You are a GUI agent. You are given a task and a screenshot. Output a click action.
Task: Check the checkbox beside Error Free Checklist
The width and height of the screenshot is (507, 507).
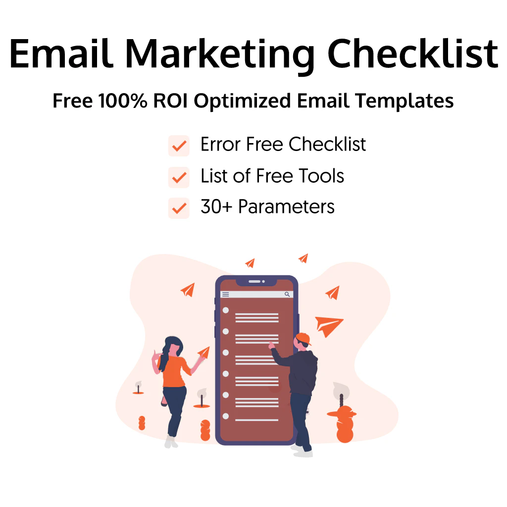coord(179,146)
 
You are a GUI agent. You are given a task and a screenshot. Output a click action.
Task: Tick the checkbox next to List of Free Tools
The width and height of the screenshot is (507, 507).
coord(179,177)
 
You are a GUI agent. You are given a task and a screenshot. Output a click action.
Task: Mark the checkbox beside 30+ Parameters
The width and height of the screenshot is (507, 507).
coord(179,208)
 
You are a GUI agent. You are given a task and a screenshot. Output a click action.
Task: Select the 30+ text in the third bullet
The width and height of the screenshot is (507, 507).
coord(216,207)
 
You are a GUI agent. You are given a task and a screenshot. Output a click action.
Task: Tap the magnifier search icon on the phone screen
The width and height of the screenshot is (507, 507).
coord(287,294)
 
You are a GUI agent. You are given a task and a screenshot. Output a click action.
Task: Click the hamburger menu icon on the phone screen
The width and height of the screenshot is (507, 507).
coord(226,294)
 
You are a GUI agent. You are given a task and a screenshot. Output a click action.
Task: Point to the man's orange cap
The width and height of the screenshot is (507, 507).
coord(303,338)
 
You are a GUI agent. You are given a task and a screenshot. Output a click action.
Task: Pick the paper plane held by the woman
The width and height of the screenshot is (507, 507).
coord(203,352)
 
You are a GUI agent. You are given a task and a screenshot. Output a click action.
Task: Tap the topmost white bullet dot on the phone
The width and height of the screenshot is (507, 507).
coord(226,310)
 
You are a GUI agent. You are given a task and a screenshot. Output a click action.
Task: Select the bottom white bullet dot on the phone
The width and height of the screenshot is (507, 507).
coord(226,416)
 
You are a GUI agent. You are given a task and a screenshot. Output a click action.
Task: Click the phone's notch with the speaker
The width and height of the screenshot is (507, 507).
coord(256,282)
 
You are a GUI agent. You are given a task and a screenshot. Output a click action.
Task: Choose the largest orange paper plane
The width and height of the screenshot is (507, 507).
coord(328,325)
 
